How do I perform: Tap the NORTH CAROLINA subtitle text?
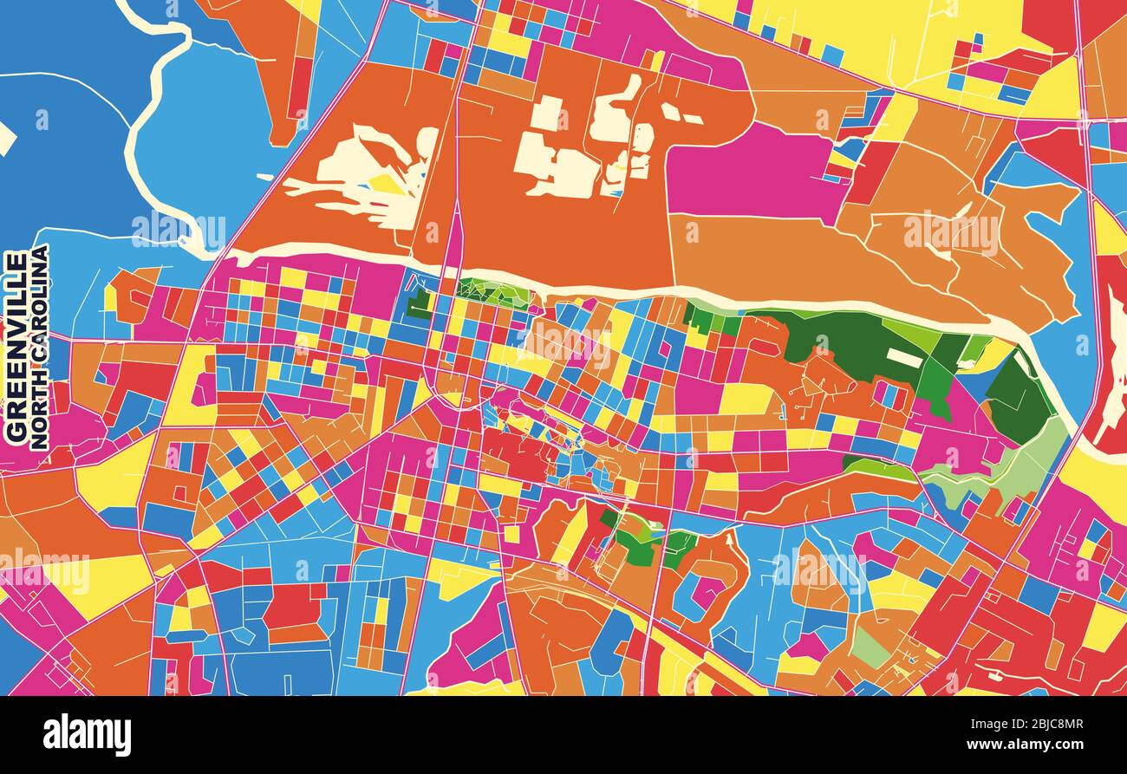click(39, 347)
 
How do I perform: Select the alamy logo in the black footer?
click(87, 735)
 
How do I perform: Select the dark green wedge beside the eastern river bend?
click(1019, 399)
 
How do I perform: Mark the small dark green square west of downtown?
click(420, 303)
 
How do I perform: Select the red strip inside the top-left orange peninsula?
click(299, 87)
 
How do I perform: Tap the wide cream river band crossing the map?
click(607, 289)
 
